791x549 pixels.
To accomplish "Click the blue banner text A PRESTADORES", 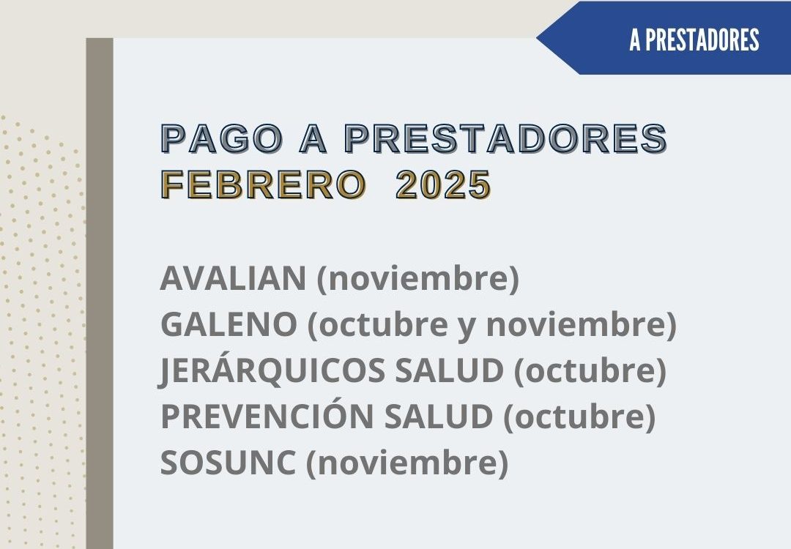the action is click(694, 40).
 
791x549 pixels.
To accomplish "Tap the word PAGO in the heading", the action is click(223, 138).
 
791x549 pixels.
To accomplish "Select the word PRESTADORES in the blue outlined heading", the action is click(506, 138).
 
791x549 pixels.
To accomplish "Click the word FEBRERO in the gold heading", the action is click(264, 184).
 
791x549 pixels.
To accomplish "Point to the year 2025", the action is click(443, 184).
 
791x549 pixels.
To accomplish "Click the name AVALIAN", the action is click(233, 277).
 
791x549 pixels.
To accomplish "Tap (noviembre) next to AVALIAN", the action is click(417, 278).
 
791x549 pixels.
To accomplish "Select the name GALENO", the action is click(229, 324).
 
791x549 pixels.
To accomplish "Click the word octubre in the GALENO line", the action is click(383, 324).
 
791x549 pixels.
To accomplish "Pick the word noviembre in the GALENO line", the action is click(575, 325).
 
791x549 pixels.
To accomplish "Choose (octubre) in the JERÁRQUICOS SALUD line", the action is click(590, 370).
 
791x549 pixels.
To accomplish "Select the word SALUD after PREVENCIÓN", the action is click(439, 417).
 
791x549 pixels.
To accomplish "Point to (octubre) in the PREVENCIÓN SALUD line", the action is click(579, 417).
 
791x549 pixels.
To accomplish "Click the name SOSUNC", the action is click(228, 463).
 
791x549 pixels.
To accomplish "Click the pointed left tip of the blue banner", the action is click(537, 38).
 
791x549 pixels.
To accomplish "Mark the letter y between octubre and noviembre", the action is click(467, 326).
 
